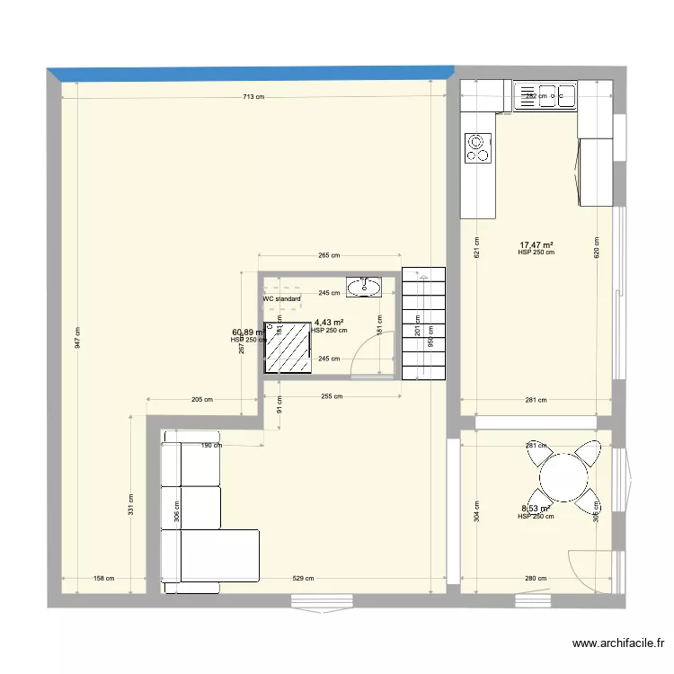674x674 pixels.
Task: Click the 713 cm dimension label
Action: (253, 96)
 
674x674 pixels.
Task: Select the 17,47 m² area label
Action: (536, 244)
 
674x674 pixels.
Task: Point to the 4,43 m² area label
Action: (328, 322)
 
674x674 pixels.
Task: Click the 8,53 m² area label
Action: (536, 510)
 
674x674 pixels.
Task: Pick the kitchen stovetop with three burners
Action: (477, 148)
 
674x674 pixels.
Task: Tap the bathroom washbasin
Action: (364, 287)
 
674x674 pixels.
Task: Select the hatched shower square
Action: (287, 347)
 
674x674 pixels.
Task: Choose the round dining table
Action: (563, 475)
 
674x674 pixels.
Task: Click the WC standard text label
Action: (281, 299)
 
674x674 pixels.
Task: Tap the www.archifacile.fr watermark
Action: (618, 643)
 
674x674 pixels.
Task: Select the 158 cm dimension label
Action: (103, 579)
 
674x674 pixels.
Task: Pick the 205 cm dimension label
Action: (202, 400)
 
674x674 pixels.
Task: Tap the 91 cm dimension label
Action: (279, 411)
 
